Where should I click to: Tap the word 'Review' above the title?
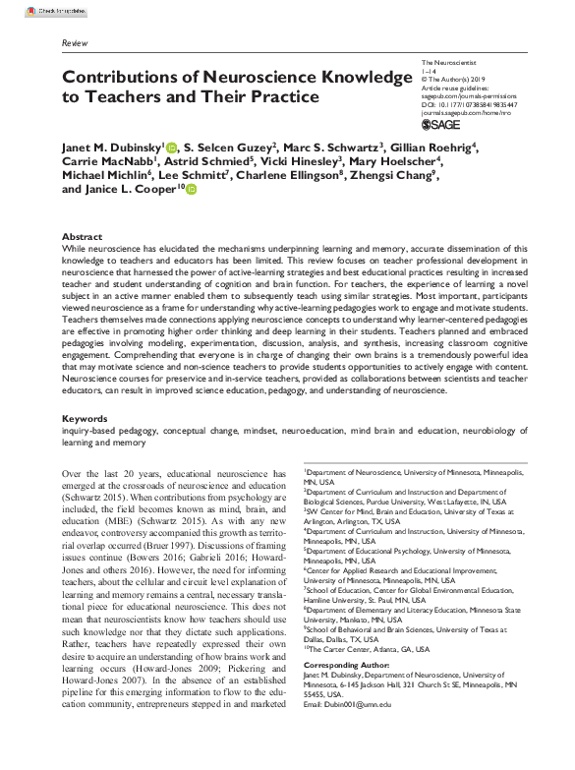(74, 45)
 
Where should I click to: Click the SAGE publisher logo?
(439, 125)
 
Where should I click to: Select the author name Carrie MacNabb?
(103, 162)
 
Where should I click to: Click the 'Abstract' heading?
(82, 238)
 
